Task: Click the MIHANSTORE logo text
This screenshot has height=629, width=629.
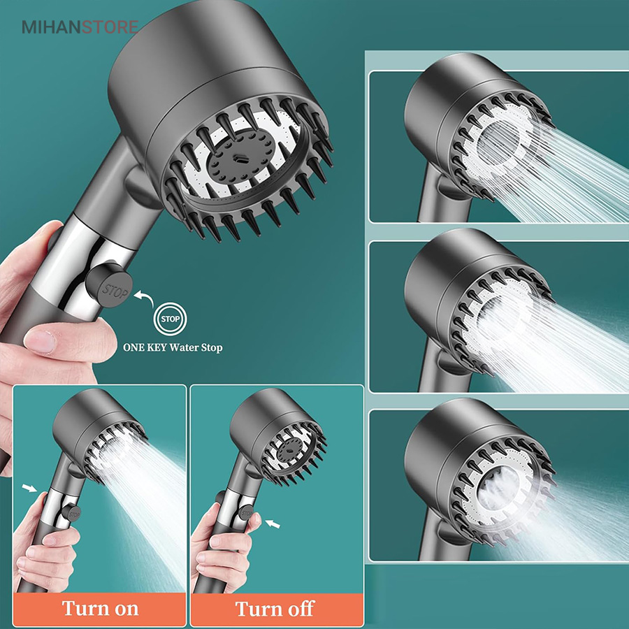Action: [x=80, y=27]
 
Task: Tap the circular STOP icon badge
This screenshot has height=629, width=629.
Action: [x=170, y=319]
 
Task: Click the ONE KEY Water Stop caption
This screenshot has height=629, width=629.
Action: [x=173, y=347]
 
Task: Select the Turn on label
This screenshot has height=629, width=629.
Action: [x=100, y=609]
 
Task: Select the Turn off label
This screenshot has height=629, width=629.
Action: [x=275, y=609]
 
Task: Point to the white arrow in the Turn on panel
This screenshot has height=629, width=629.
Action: [x=29, y=488]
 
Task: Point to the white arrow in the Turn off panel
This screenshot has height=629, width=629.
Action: [x=273, y=524]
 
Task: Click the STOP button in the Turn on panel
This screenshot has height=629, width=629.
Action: [x=72, y=513]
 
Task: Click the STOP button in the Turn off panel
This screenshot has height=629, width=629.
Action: [x=245, y=513]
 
